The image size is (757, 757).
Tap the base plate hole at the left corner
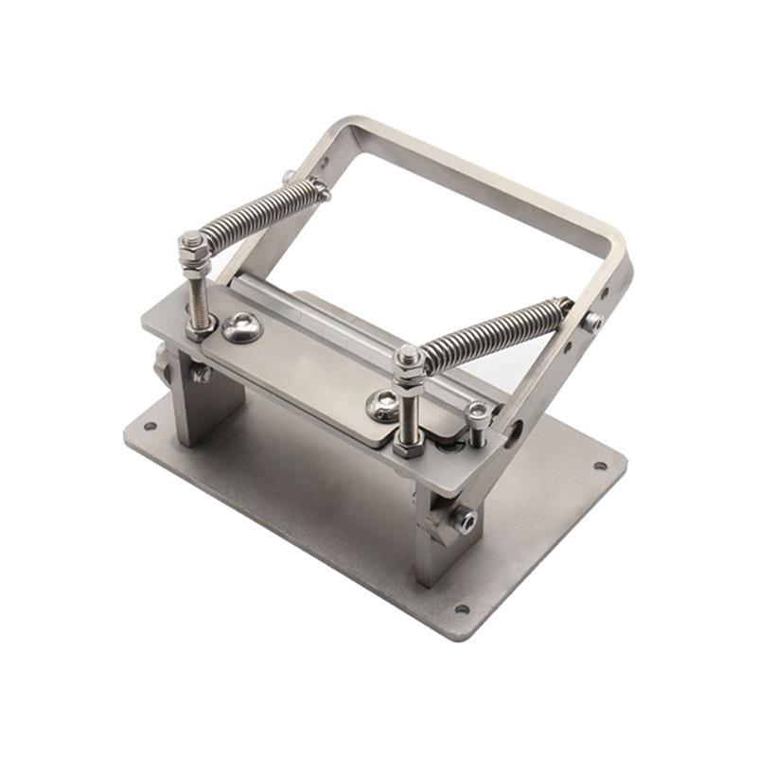point(150,426)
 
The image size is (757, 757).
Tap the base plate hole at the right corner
point(599,466)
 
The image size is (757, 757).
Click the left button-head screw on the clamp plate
point(243,327)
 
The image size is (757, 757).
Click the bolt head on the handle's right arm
point(593,321)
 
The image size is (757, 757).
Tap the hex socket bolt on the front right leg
point(465,519)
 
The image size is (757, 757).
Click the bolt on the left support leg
point(201,374)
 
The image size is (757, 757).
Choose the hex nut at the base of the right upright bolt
point(409,448)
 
